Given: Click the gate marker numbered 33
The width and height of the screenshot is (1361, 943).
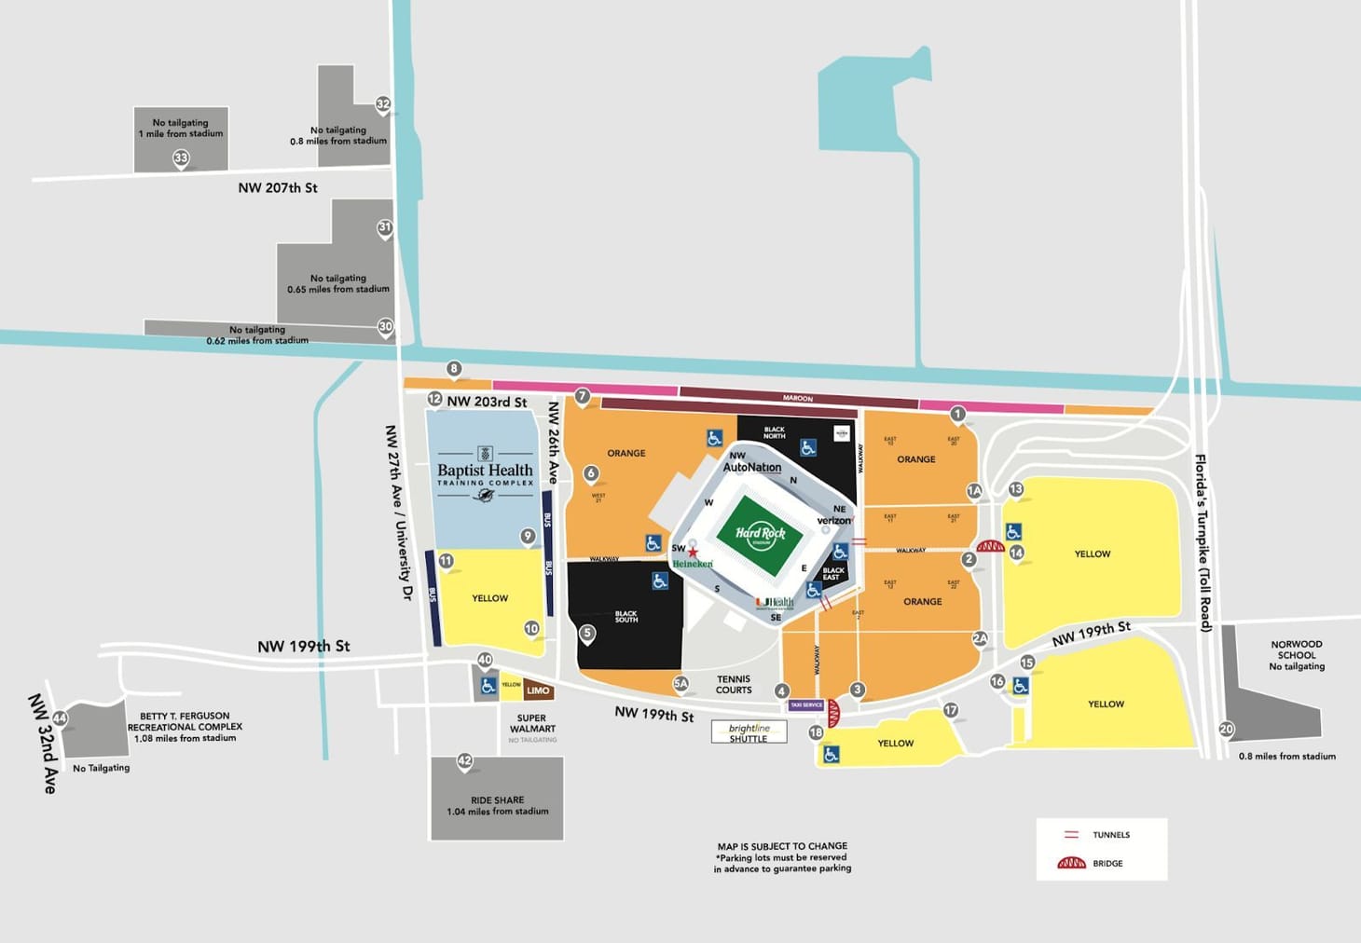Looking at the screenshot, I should point(181,158).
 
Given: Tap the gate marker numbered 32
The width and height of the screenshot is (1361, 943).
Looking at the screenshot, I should point(383,104).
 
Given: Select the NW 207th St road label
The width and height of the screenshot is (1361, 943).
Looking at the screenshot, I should point(277,188).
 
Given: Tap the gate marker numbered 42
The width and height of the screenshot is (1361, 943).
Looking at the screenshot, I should point(464,761).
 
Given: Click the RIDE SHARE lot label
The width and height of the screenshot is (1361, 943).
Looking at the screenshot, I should point(497,805).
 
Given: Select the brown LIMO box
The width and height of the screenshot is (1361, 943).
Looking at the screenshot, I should point(538,690).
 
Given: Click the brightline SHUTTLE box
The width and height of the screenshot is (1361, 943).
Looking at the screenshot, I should point(749,732).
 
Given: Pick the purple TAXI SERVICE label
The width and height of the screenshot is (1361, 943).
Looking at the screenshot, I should point(806,705).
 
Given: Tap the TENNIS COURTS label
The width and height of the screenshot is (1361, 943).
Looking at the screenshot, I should point(734,685).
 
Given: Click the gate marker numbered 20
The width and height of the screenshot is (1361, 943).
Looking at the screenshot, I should point(1227,730).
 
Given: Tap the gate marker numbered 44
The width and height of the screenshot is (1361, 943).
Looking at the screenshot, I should point(60,718).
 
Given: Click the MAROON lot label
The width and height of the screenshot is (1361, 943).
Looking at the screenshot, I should point(797,398).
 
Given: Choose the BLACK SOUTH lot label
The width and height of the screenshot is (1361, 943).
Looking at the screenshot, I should point(626,617).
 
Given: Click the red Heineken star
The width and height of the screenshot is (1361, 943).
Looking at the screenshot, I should point(693,553).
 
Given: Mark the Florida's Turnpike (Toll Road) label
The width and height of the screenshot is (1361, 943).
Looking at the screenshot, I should point(1203,542).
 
